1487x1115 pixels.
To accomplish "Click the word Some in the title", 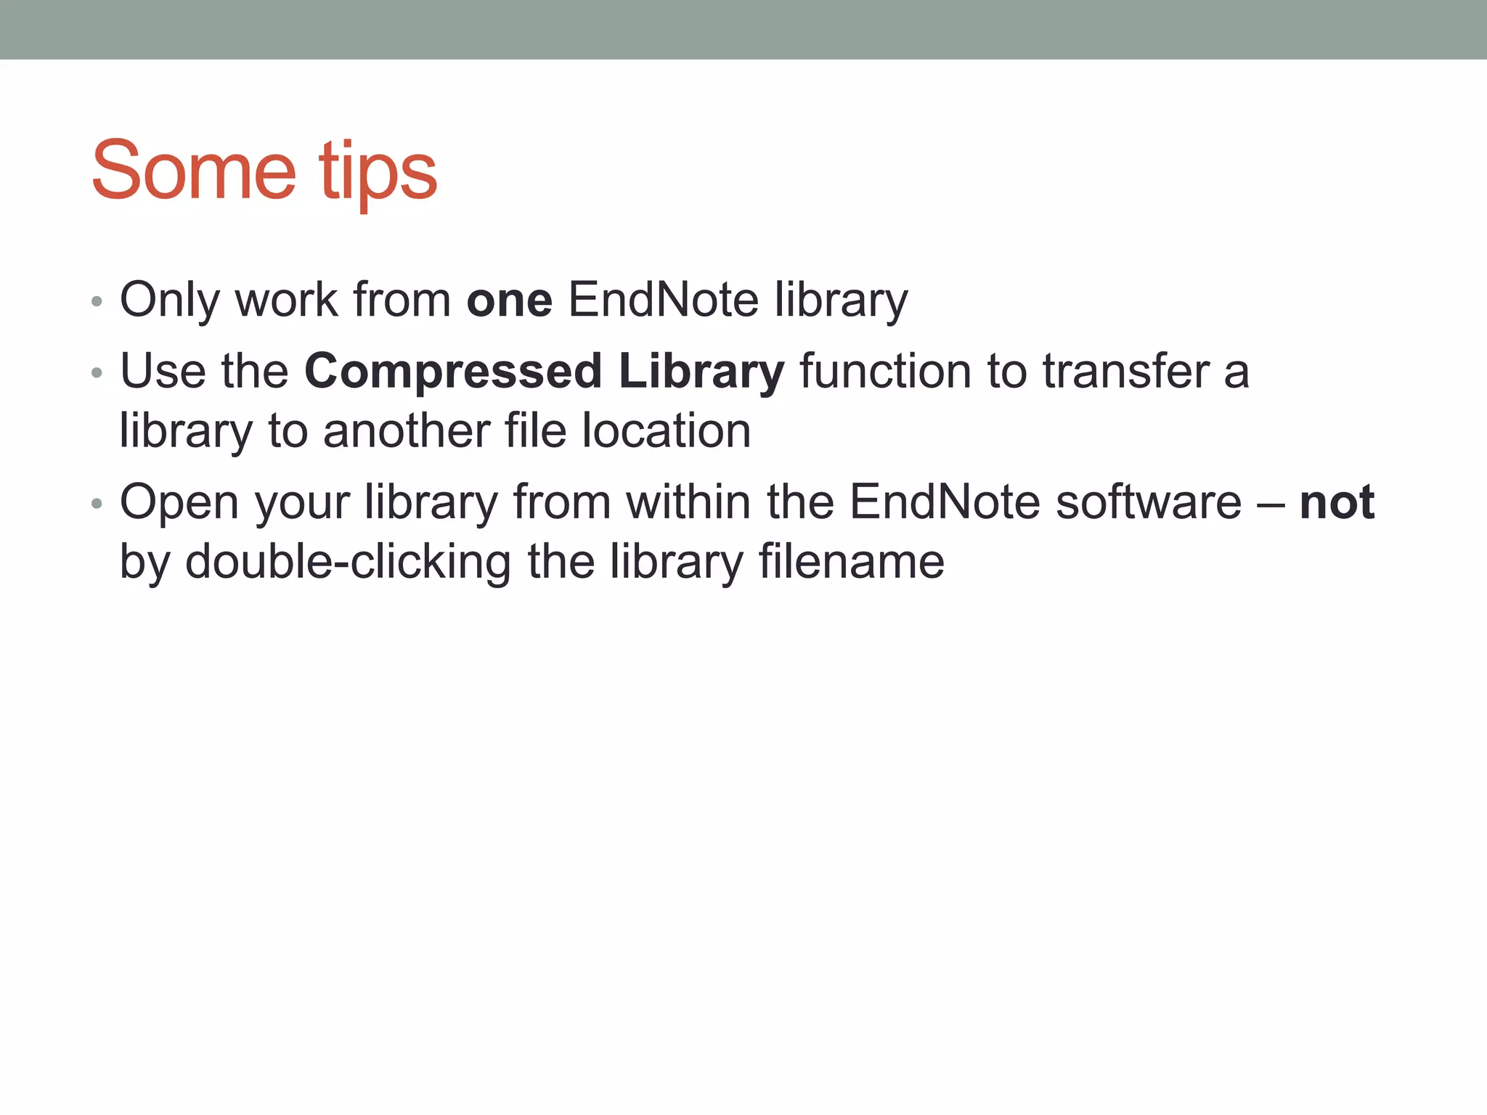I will pyautogui.click(x=193, y=171).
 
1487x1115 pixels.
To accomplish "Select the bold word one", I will pyautogui.click(x=509, y=301).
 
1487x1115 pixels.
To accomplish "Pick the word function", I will pyautogui.click(x=885, y=372).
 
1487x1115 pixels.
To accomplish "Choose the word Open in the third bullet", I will pyautogui.click(x=179, y=504).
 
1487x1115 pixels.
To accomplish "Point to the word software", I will pyautogui.click(x=1148, y=502).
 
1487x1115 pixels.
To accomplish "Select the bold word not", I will pyautogui.click(x=1337, y=502).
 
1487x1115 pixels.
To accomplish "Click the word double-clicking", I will pyautogui.click(x=348, y=563).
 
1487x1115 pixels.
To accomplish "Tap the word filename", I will pyautogui.click(x=851, y=562).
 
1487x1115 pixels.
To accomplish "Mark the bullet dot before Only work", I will pyautogui.click(x=97, y=301).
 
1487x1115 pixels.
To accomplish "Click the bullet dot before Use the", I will pyautogui.click(x=97, y=374).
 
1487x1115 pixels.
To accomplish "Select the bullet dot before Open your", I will pyautogui.click(x=97, y=504).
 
